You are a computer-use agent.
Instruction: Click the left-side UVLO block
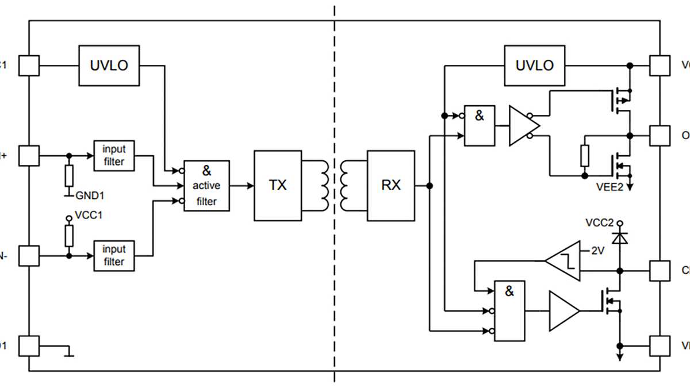click(x=109, y=66)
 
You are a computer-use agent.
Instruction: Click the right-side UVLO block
click(x=534, y=66)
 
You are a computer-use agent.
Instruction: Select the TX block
click(x=278, y=186)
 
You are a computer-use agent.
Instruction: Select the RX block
click(x=391, y=186)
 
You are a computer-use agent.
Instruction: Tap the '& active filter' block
click(x=206, y=186)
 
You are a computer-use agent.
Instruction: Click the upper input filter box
click(x=114, y=155)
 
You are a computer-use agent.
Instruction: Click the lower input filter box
click(x=114, y=255)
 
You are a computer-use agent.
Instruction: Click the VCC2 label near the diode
click(x=599, y=223)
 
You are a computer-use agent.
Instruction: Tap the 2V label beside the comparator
click(x=598, y=251)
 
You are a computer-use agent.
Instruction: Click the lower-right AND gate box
click(x=509, y=310)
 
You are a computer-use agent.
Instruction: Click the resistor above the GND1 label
click(x=70, y=175)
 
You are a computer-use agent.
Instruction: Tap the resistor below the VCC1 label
click(x=70, y=235)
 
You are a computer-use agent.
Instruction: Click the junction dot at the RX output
click(x=430, y=186)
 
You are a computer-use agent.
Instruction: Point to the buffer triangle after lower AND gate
click(x=563, y=311)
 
